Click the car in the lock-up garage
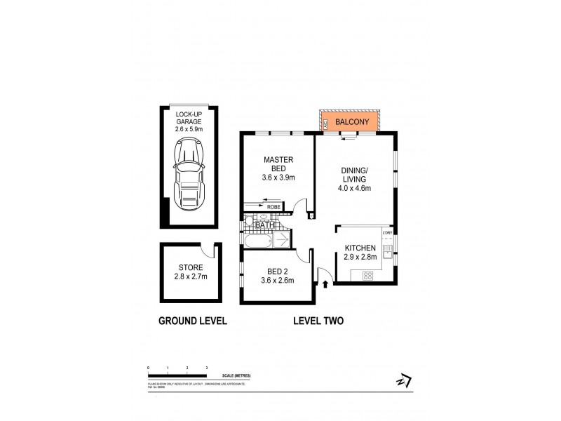tap(189, 175)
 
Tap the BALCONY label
tap(349, 121)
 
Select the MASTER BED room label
tap(278, 164)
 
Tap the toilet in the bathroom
tap(250, 222)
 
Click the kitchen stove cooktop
tap(368, 276)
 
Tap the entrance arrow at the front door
tap(326, 283)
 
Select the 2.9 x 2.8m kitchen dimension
tap(360, 258)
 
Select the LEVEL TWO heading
tap(318, 321)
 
